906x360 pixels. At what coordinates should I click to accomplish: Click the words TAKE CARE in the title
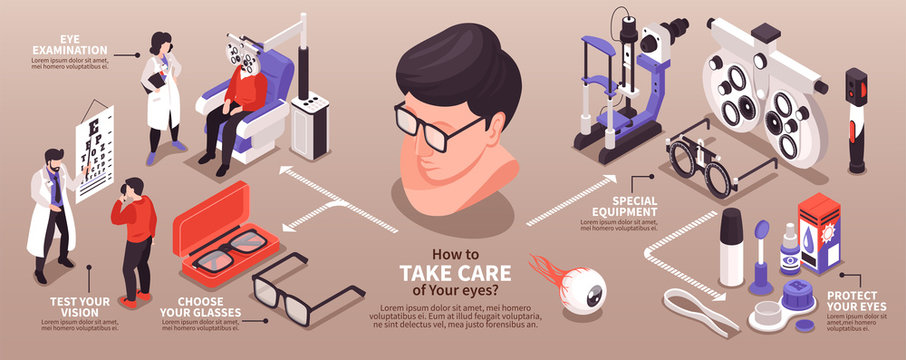pos(455,273)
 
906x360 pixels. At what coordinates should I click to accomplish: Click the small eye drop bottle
pos(790,250)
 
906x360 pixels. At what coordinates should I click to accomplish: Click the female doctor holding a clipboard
pos(162,95)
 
